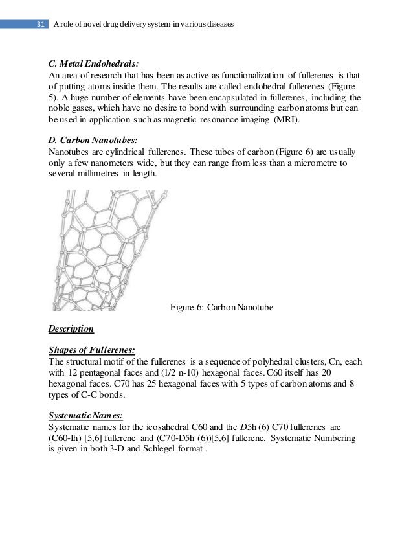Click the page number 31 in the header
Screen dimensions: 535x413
[40, 25]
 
